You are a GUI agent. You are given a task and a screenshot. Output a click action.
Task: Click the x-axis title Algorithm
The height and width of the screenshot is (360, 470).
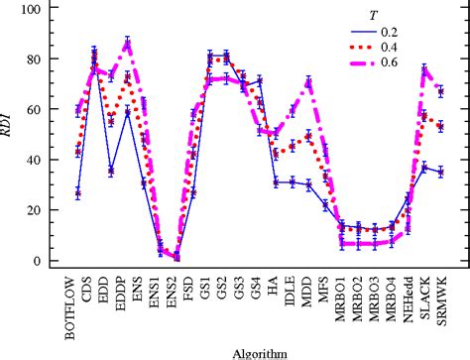pyautogui.click(x=259, y=352)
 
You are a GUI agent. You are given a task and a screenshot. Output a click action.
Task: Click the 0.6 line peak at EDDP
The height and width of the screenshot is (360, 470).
pyautogui.click(x=127, y=43)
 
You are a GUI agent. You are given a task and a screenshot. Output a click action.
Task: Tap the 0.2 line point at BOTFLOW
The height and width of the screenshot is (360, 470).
pyautogui.click(x=77, y=193)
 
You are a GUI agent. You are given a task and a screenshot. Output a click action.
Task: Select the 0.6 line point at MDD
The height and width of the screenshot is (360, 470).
pyautogui.click(x=308, y=81)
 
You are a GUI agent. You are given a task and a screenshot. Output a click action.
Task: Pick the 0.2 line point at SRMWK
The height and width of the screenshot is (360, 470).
pyautogui.click(x=440, y=173)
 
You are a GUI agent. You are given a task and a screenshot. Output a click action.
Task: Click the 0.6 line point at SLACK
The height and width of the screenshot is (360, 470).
pyautogui.click(x=424, y=69)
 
